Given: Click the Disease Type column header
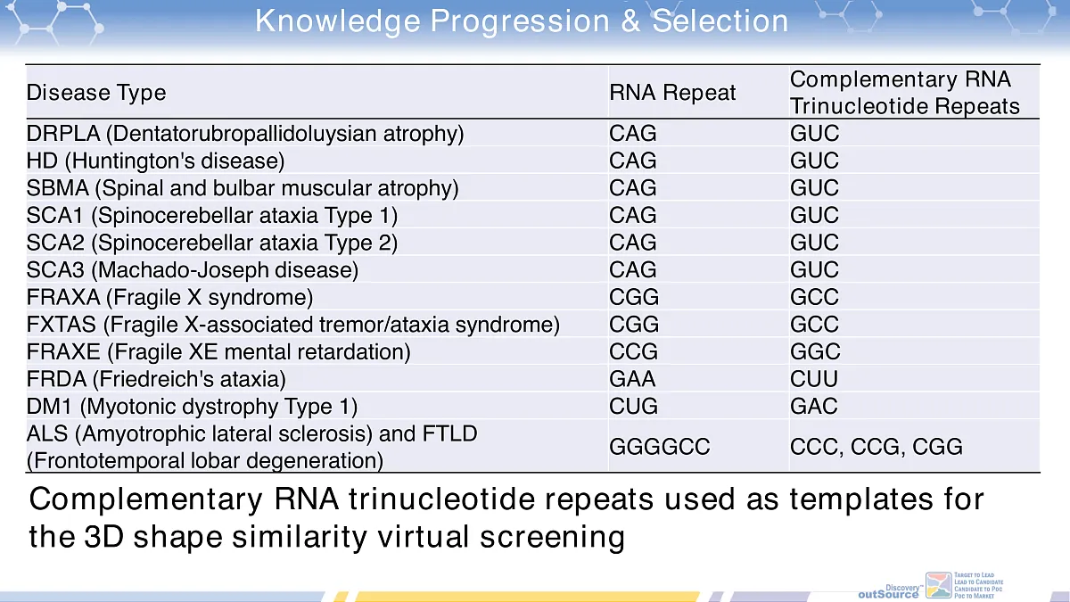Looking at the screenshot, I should coord(96,93).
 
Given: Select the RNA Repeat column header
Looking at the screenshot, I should coord(672,93).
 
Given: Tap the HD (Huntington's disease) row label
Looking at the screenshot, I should coord(155,161).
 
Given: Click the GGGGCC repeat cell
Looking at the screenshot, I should coord(660,447).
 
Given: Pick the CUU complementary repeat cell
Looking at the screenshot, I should coord(813,379).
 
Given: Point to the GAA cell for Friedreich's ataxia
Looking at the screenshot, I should coord(633,379).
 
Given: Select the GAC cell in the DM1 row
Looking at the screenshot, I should coord(813,407).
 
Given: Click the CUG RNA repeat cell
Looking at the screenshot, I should coord(633,407).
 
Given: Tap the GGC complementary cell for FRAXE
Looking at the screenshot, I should coord(814,351).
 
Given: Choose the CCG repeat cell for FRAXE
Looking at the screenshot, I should coord(633,351).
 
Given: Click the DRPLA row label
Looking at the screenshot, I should coord(245,135).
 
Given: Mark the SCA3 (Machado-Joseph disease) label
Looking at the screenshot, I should coord(192,270).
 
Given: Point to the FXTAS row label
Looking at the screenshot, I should coord(292,325).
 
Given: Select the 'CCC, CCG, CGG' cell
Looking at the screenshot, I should coord(876,447).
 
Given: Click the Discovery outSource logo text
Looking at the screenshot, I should coord(888,591).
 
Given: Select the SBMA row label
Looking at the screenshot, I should coord(243,188).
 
